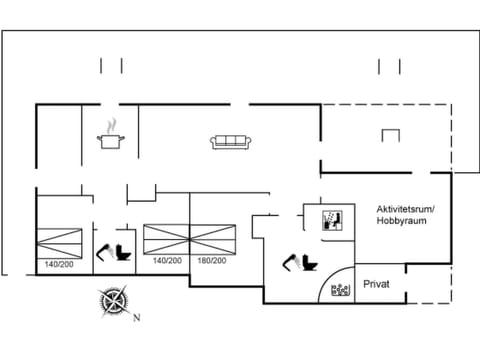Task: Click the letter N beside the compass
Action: [x=137, y=319]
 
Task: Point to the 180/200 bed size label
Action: [x=212, y=261]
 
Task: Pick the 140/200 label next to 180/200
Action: [x=167, y=261]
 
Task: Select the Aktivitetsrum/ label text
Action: [x=404, y=207]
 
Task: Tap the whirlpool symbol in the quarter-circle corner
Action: [x=342, y=290]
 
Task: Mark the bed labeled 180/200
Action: [x=212, y=238]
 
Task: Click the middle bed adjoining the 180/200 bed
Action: [x=165, y=238]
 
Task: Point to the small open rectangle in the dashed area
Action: [x=389, y=137]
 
